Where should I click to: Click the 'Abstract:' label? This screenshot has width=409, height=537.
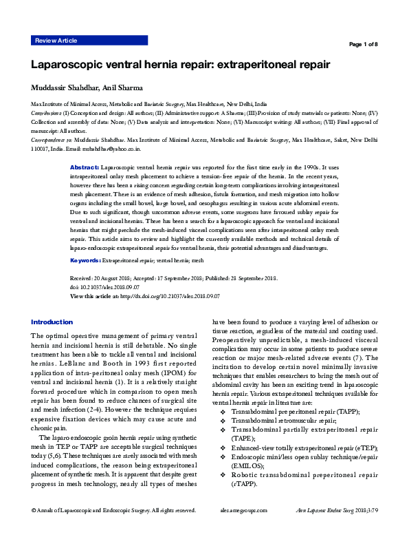click(x=85, y=168)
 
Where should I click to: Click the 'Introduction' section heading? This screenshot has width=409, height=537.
click(x=52, y=322)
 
